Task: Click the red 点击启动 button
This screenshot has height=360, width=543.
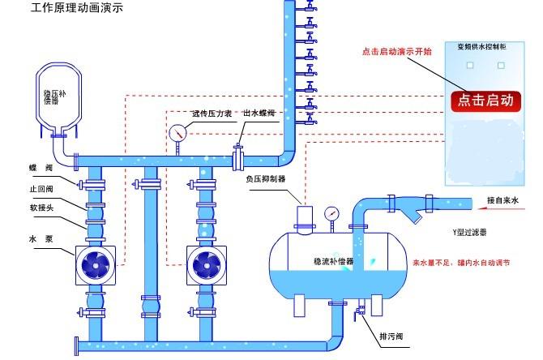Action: pyautogui.click(x=485, y=101)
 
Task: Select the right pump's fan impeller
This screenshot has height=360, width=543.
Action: pyautogui.click(x=206, y=264)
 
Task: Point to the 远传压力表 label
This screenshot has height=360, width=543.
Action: pyautogui.click(x=212, y=114)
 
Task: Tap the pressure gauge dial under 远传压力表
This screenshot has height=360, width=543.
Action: pyautogui.click(x=177, y=131)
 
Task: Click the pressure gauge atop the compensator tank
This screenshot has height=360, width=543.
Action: pyautogui.click(x=330, y=214)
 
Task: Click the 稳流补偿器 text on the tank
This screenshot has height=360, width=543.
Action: pyautogui.click(x=334, y=262)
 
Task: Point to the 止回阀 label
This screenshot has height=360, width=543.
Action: pyautogui.click(x=40, y=188)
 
